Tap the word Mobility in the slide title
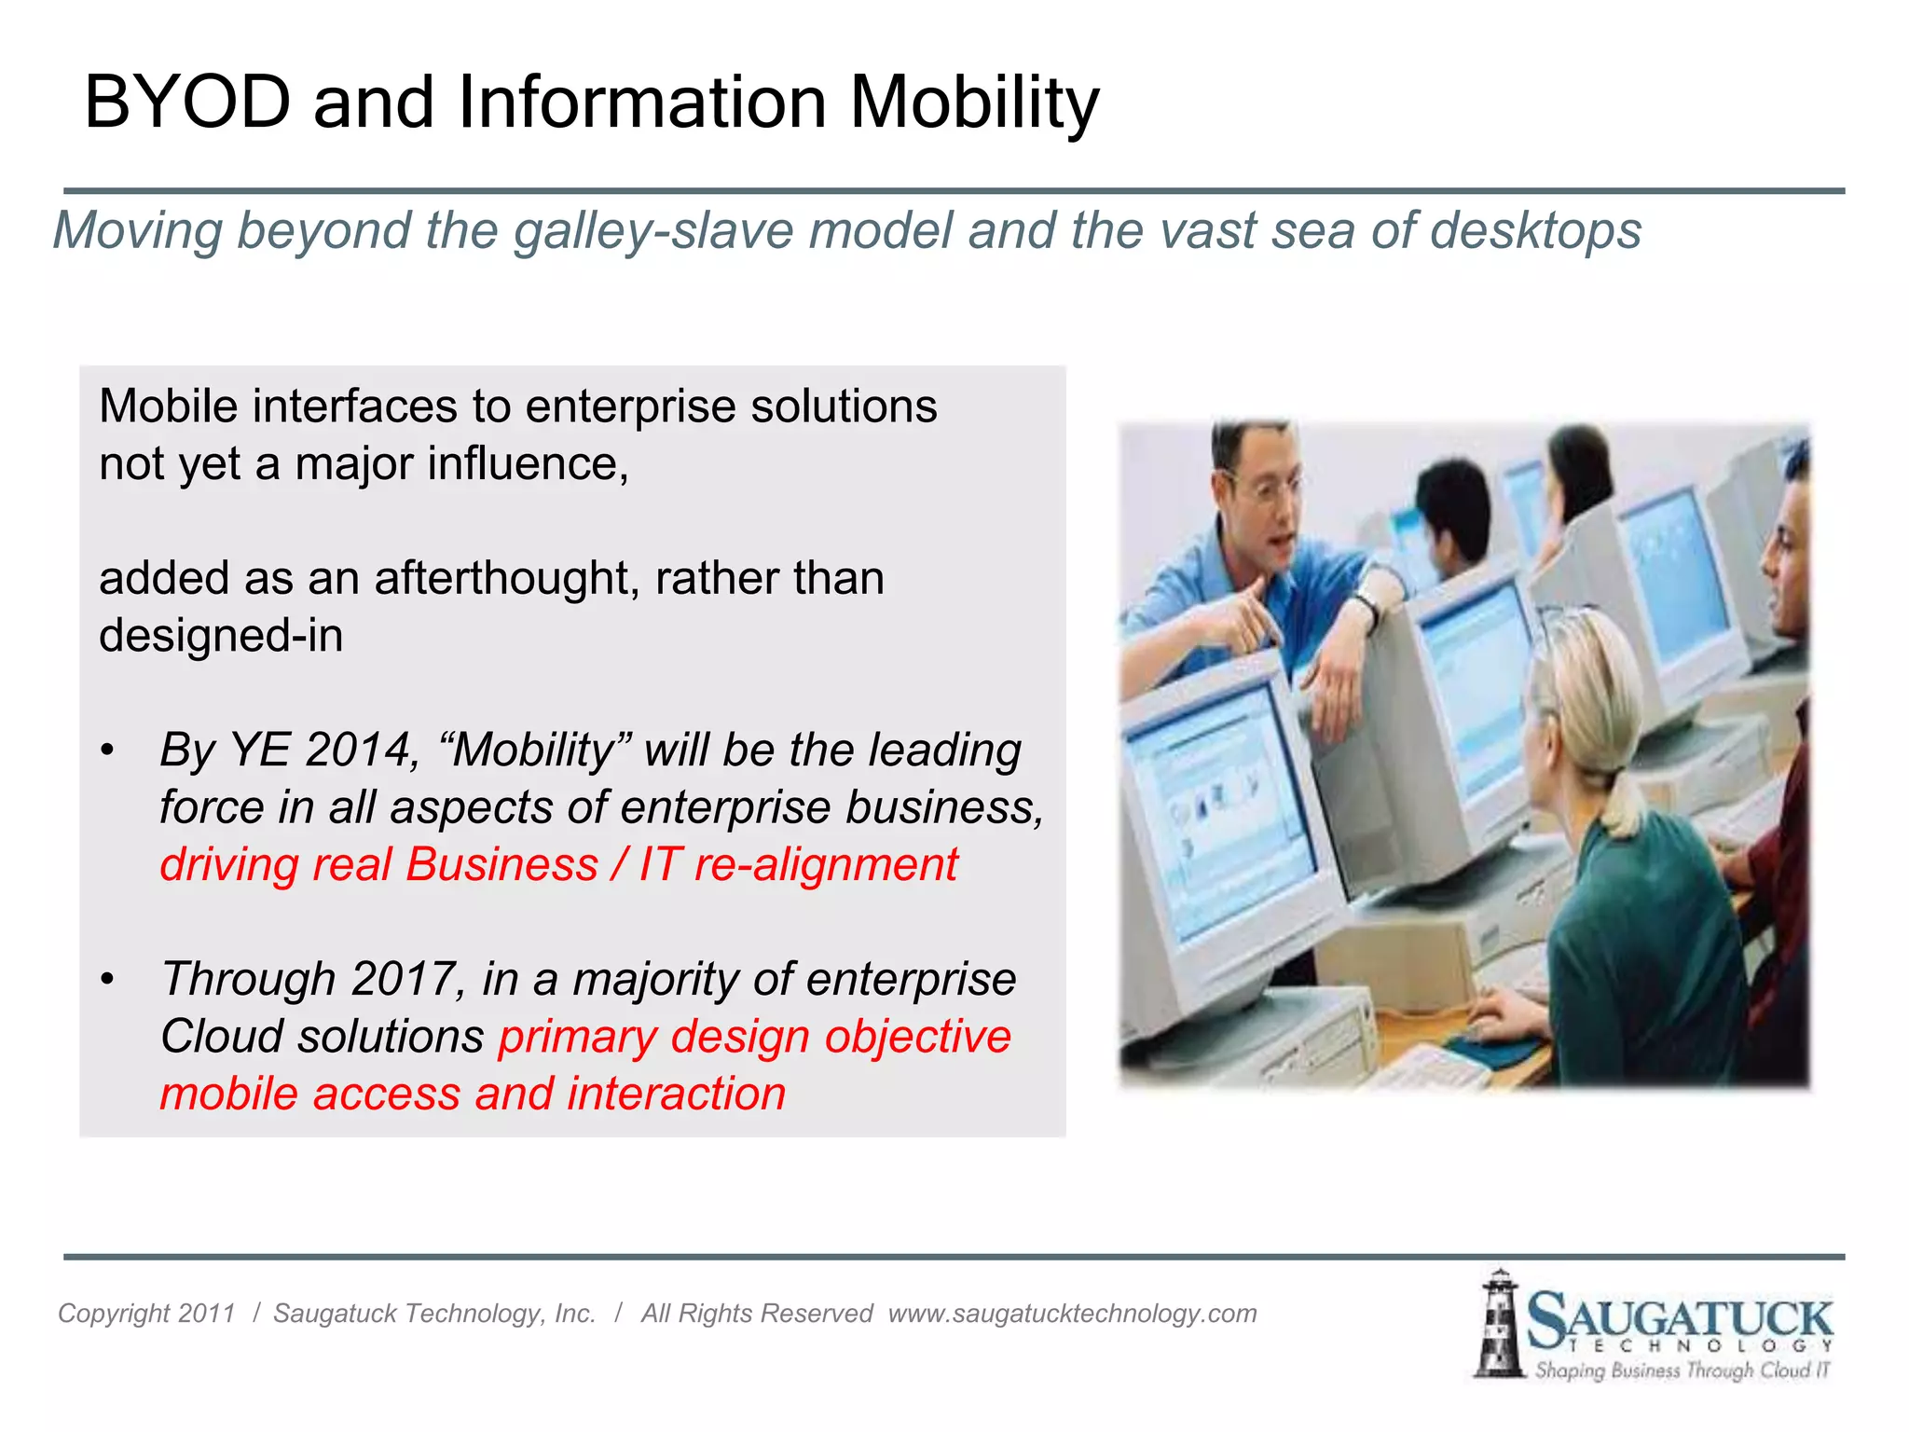click(974, 103)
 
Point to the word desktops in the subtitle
click(1535, 230)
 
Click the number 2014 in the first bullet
click(361, 750)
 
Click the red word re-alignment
click(826, 864)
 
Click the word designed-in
click(221, 636)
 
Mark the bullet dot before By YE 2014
click(108, 750)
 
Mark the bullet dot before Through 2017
click(108, 980)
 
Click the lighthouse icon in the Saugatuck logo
click(1498, 1324)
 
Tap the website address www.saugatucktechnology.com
click(1072, 1314)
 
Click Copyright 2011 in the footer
click(146, 1314)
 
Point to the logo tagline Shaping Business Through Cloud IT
click(1682, 1370)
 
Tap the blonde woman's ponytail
click(1620, 802)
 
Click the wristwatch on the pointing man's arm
click(1367, 607)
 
